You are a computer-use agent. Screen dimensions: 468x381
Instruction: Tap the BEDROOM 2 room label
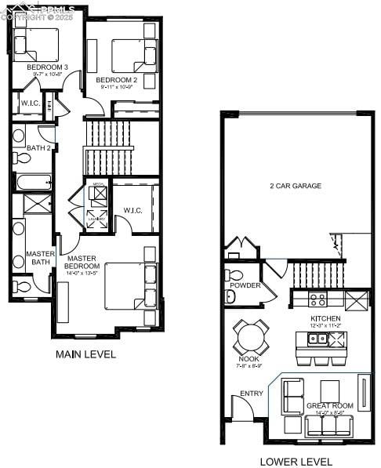[117, 80]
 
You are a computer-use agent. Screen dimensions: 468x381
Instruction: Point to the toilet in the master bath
[22, 288]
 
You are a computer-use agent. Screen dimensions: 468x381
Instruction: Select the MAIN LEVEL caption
[85, 354]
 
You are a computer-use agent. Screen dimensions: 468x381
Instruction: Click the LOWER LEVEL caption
[296, 461]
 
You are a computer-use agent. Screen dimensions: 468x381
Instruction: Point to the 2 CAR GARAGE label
[296, 186]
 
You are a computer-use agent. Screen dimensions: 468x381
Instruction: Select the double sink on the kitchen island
[317, 339]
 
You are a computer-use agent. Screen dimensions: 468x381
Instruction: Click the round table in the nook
[252, 338]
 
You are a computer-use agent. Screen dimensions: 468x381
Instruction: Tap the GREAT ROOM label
[329, 406]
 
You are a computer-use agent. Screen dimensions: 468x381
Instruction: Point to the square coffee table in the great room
[329, 390]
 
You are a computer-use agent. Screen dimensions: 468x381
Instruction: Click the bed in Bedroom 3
[38, 44]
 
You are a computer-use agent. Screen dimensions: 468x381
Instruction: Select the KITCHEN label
[325, 318]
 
